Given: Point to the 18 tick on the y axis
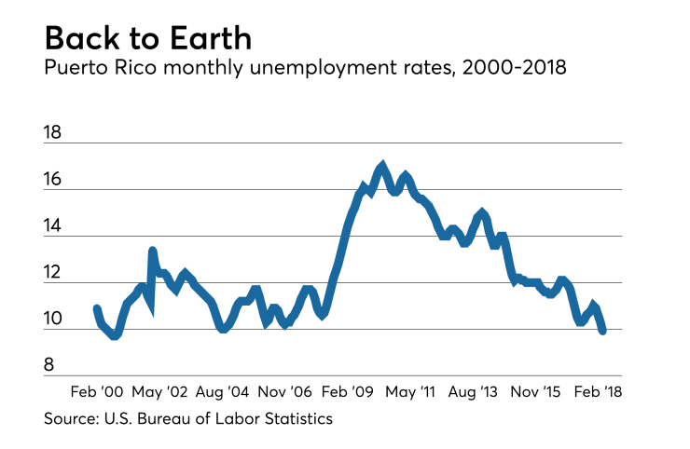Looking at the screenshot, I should coord(52,133).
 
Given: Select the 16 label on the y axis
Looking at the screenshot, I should coord(52,180).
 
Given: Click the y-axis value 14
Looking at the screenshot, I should coord(52,227).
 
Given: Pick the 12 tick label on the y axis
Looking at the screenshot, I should coord(52,274).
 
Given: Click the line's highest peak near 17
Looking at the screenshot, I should coord(381,166).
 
